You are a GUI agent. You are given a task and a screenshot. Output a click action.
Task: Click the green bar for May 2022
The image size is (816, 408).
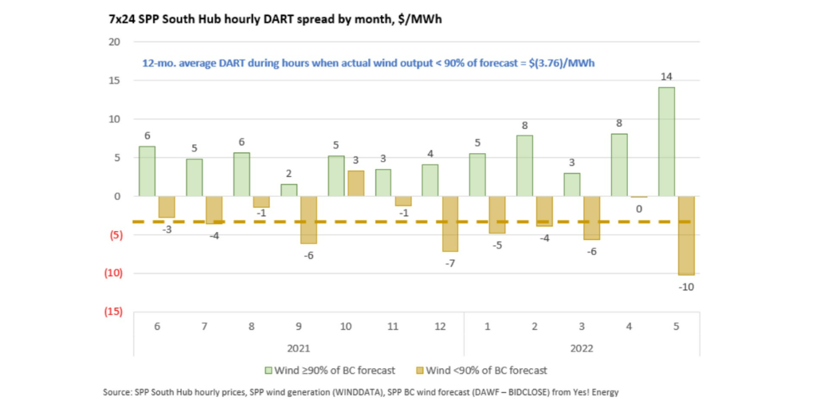665,141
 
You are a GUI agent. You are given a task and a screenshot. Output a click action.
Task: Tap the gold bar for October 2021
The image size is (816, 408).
356,183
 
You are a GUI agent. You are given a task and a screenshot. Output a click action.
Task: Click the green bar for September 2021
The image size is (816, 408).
289,190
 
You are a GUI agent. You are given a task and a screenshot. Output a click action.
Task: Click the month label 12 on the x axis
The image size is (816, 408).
440,326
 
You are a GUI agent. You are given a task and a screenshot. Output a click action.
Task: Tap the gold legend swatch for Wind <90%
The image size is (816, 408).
420,371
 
